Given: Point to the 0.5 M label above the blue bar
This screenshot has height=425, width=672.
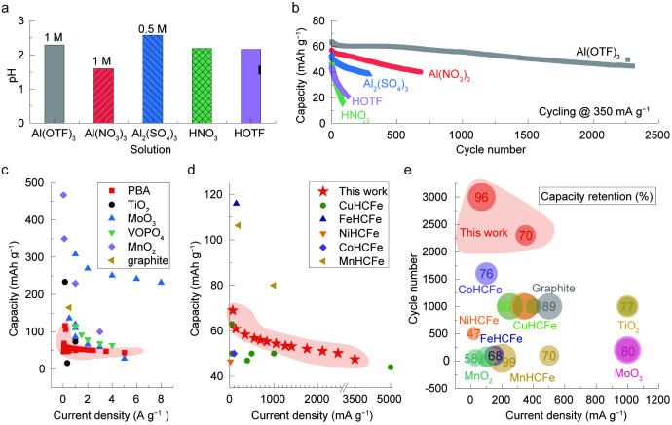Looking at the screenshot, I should [152, 27].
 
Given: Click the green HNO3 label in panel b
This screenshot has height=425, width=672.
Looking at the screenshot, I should [354, 114].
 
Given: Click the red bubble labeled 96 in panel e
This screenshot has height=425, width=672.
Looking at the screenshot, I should [481, 198].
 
